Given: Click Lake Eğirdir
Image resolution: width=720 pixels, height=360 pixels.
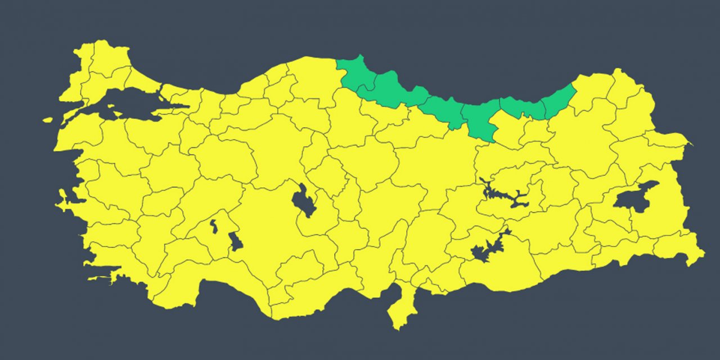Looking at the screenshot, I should (x=214, y=226).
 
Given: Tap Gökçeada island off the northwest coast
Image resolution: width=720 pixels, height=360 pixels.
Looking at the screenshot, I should (x=47, y=120).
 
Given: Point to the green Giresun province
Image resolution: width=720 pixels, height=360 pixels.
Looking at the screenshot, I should (x=478, y=121).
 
